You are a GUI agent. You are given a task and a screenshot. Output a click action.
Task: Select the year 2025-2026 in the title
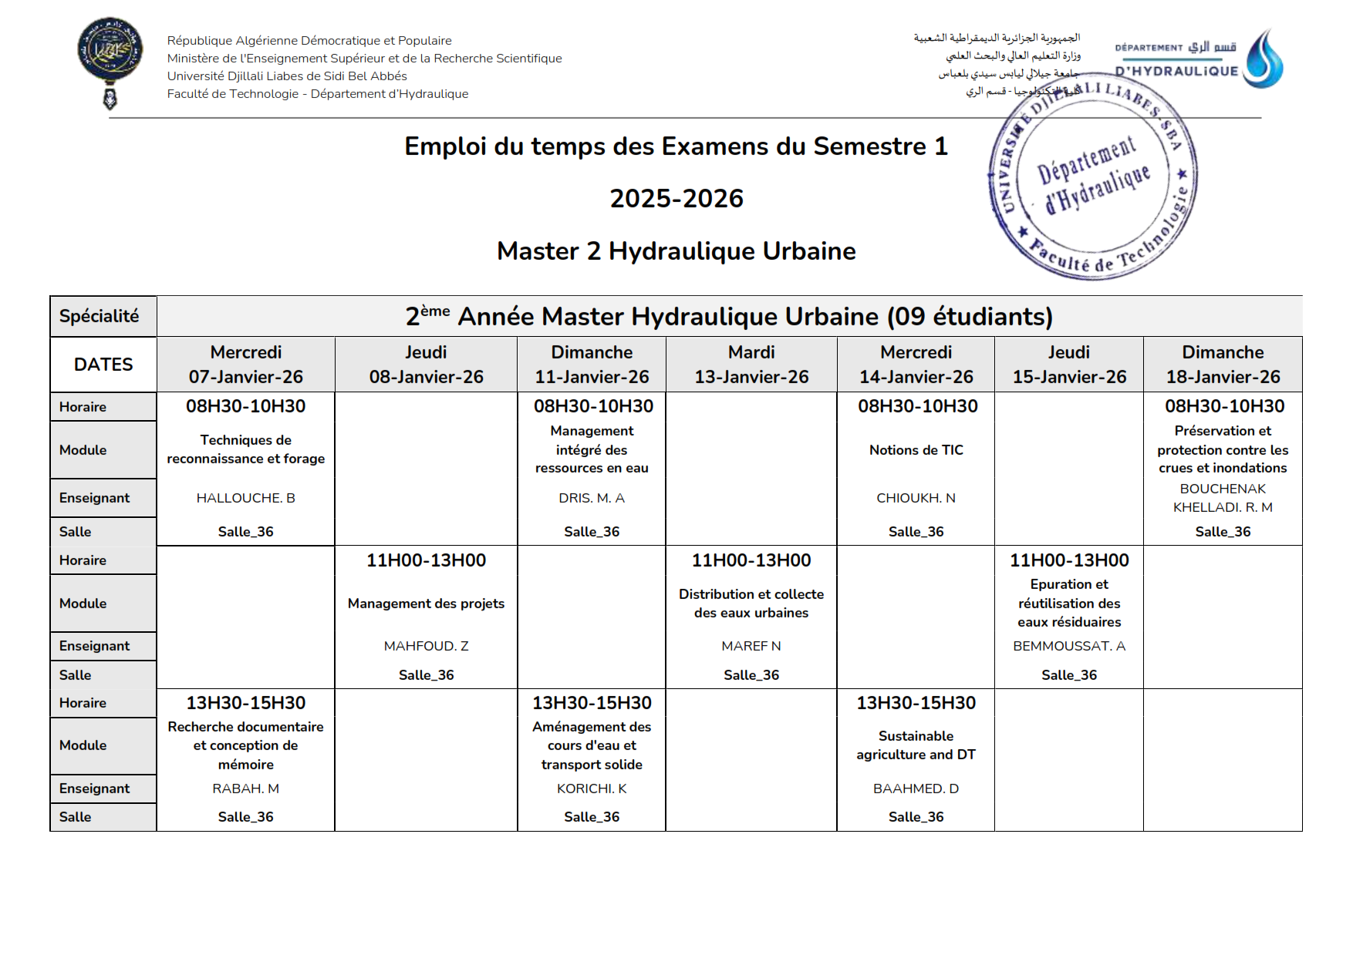tap(676, 199)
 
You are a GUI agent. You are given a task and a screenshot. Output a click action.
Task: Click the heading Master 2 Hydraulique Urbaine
tap(676, 251)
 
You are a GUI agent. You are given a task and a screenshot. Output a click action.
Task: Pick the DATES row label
tap(103, 365)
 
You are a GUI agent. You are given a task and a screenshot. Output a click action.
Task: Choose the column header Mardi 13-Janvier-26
tap(751, 365)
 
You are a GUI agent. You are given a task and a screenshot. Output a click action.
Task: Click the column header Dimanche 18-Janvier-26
tap(1223, 365)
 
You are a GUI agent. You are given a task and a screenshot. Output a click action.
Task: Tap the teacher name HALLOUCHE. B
tap(246, 498)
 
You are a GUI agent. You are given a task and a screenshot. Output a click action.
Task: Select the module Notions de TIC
tap(916, 450)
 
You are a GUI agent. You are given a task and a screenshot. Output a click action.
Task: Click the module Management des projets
tap(426, 604)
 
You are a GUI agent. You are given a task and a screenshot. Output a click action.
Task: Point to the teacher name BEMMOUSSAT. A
tap(1069, 646)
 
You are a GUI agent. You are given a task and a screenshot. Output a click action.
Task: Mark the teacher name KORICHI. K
tap(592, 789)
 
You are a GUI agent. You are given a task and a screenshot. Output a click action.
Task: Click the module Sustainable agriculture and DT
tap(916, 745)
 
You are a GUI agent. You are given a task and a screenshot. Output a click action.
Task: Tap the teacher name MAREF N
tap(751, 646)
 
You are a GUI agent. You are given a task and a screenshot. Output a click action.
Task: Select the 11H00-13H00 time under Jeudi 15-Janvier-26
tap(1069, 560)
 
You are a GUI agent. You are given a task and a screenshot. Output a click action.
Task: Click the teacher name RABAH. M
tap(246, 789)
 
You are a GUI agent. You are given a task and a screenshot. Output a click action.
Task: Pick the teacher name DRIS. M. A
tap(592, 498)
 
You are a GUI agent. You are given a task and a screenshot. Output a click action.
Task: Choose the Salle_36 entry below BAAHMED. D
tap(916, 817)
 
